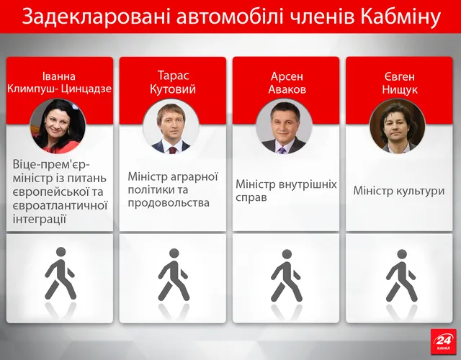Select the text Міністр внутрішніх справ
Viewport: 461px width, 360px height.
(x=286, y=190)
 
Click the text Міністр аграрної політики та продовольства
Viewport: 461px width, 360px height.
(x=173, y=189)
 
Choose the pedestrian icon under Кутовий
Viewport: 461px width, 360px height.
(x=173, y=274)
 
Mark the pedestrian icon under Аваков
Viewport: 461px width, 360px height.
(x=286, y=274)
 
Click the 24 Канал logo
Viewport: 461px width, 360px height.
(x=442, y=341)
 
